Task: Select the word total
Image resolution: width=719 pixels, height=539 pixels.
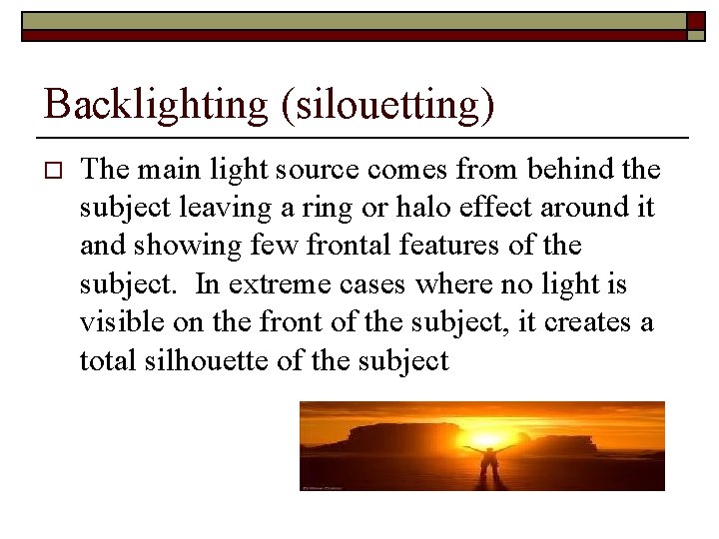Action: pos(105,359)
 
